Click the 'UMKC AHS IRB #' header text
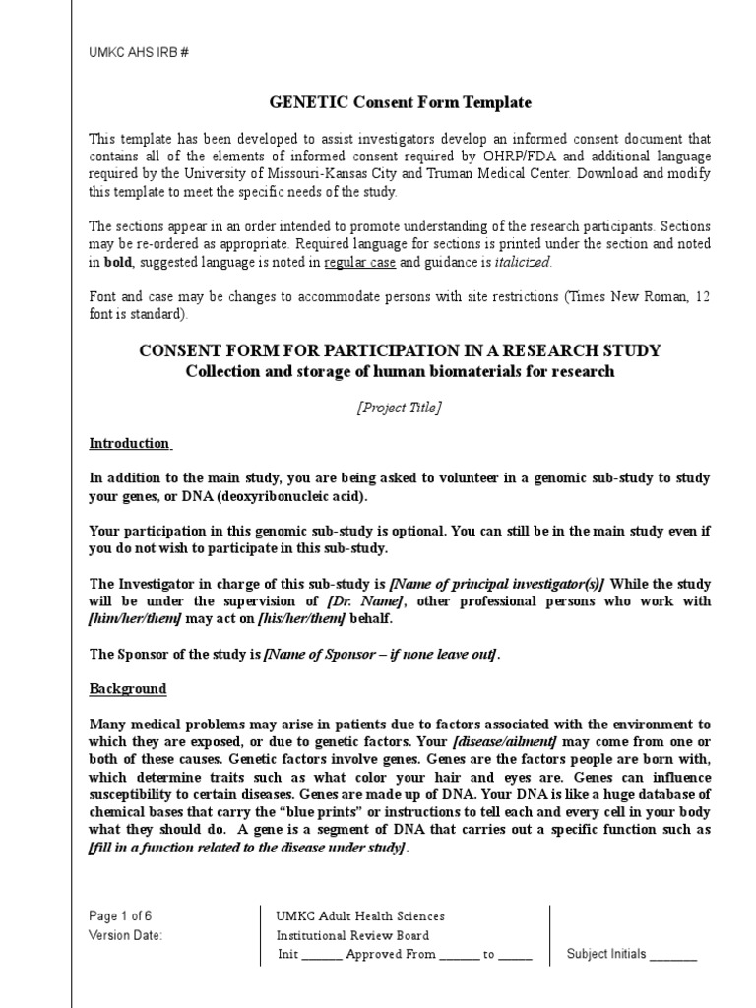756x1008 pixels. tap(138, 52)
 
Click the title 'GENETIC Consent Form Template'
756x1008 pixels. tap(400, 102)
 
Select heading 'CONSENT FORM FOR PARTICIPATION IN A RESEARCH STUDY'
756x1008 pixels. tap(400, 350)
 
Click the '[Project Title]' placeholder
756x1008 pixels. tap(400, 409)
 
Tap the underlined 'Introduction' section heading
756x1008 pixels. tap(130, 444)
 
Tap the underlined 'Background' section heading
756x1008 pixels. tap(128, 689)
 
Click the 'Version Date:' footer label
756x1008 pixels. tap(126, 935)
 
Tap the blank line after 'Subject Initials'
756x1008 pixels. tap(673, 954)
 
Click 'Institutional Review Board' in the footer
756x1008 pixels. tap(352, 935)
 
